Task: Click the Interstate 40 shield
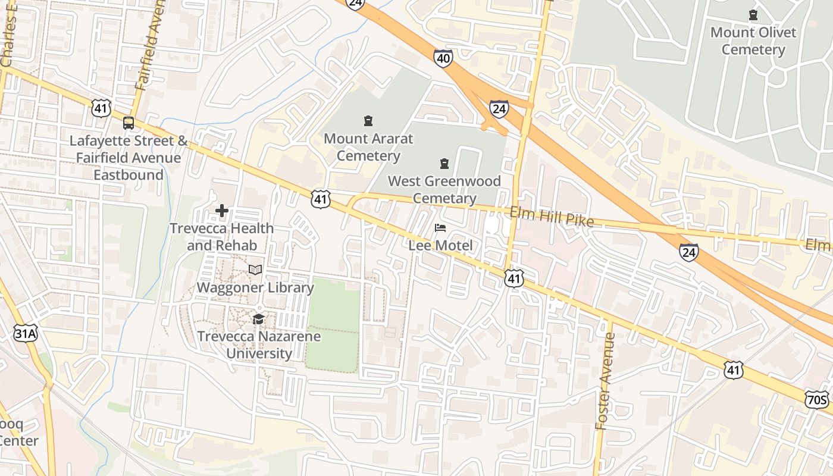[x=443, y=58]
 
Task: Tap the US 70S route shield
[x=817, y=399]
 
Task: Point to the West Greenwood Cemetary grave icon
[x=444, y=163]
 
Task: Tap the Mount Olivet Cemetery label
[x=753, y=40]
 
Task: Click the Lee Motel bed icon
[x=440, y=228]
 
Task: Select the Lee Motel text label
[x=440, y=245]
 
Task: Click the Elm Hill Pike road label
[x=552, y=217]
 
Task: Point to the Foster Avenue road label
[x=606, y=381]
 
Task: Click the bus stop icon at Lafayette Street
[x=128, y=123]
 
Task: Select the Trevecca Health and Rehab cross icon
[x=222, y=211]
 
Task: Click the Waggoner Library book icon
[x=255, y=270]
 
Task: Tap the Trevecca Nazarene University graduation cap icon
[x=258, y=320]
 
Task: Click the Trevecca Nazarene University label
[x=259, y=345]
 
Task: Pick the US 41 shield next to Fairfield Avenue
[x=101, y=108]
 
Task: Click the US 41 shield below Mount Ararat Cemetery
[x=320, y=199]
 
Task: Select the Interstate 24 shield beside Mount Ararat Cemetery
[x=499, y=108]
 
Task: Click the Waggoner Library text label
[x=255, y=287]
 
